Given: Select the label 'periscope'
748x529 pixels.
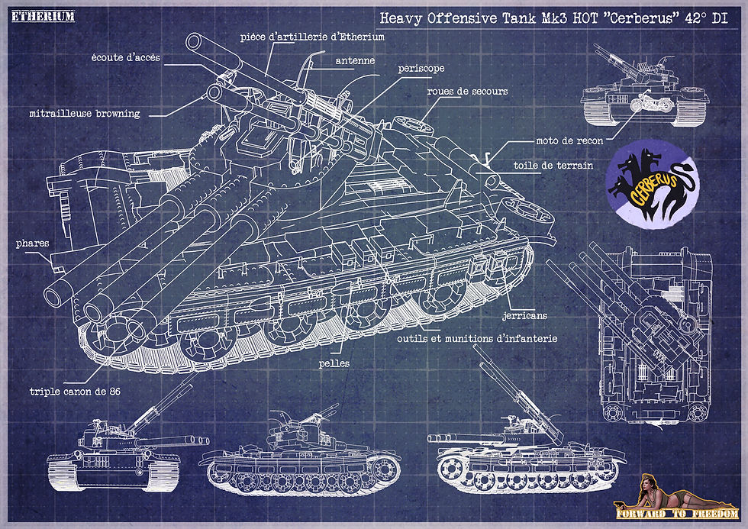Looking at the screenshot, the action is coord(421,68).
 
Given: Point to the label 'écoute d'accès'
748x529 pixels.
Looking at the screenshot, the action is coord(125,57).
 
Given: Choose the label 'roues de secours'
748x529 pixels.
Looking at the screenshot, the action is coord(467,92).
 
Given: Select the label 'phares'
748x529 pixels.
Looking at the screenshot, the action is coord(32,244).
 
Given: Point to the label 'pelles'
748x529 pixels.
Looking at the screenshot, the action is coord(334,364).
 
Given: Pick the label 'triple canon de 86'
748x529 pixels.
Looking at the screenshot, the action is coord(75,392).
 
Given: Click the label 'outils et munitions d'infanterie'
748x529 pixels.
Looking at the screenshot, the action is coord(476,338).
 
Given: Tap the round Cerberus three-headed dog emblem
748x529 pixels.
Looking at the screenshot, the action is coord(647,182).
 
